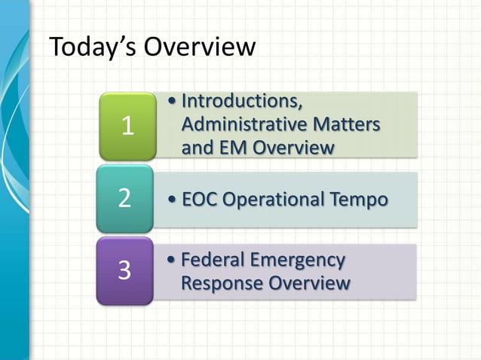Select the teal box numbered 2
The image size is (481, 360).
(124, 200)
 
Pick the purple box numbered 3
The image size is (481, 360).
(124, 270)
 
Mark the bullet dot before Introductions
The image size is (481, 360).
(174, 102)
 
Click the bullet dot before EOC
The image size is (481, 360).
(174, 200)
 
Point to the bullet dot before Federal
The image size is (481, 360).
(174, 261)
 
